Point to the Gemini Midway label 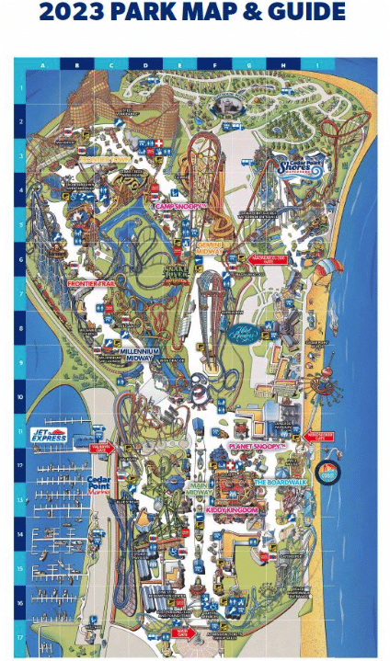tap(209, 247)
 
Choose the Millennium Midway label tap(139, 354)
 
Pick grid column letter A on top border tap(42, 65)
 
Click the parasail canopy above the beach tap(325, 267)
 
